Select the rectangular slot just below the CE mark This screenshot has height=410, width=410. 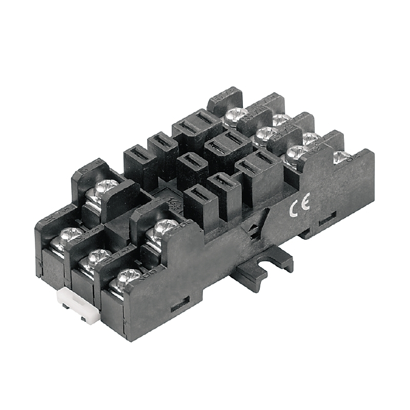(x=326, y=221)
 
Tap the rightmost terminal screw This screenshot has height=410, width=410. (x=341, y=157)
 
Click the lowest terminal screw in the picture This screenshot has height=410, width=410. (x=125, y=279)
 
